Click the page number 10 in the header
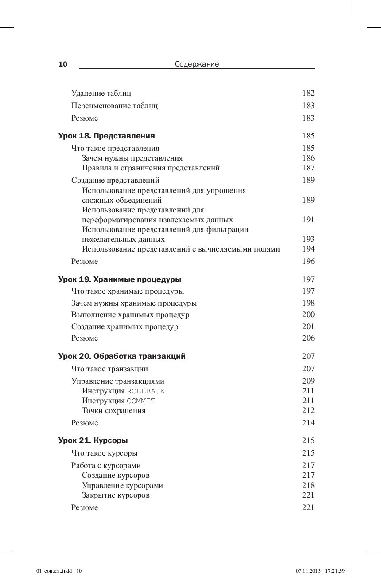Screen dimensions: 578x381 63,64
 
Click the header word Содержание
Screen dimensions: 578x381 197,64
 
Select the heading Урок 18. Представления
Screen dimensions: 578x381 107,136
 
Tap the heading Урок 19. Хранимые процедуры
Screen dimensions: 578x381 120,279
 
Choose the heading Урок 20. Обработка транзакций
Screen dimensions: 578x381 122,356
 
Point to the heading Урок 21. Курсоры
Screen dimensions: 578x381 93,440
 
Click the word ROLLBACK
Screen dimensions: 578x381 146,391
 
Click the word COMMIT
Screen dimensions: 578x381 141,401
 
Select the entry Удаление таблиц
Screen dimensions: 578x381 101,93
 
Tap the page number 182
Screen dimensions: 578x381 308,93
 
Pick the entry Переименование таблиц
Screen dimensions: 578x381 114,106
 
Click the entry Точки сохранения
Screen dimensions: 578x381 113,410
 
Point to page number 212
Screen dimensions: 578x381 308,410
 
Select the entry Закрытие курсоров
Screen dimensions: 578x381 116,495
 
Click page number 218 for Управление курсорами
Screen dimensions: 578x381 308,485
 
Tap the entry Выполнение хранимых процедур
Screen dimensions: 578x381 130,315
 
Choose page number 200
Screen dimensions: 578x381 308,315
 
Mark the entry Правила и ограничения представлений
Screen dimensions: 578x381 151,168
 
